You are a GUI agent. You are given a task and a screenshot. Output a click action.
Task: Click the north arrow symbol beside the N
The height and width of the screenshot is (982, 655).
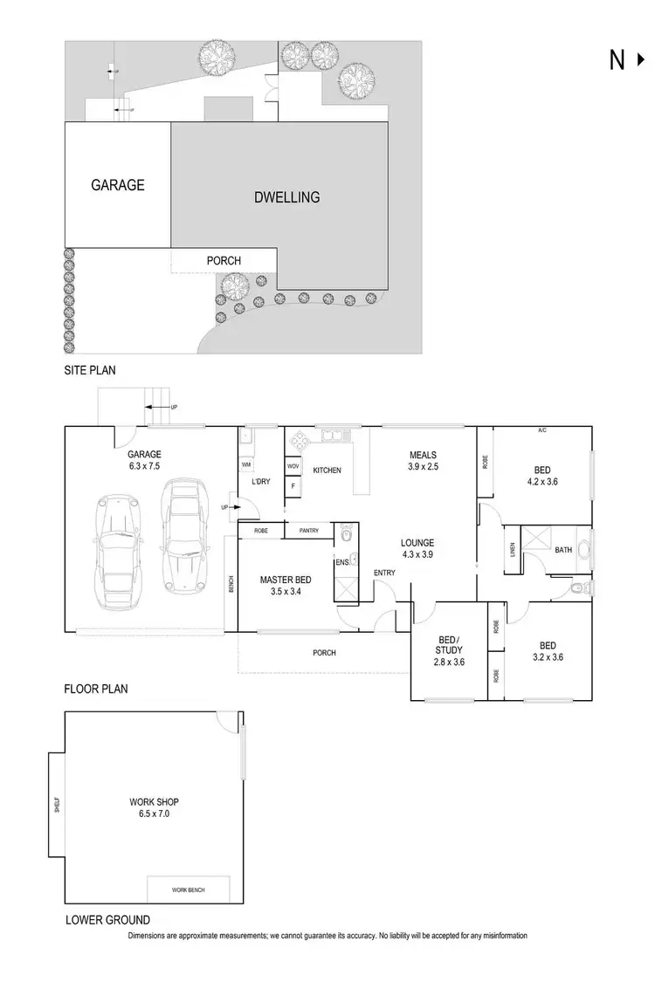pos(643,59)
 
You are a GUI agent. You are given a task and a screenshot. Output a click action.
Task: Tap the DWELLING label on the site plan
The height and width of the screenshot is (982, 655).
pos(286,197)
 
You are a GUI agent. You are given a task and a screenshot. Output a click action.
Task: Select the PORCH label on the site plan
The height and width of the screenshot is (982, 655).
pos(224,260)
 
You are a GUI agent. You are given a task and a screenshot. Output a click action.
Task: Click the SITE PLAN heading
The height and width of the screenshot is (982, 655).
pos(90,370)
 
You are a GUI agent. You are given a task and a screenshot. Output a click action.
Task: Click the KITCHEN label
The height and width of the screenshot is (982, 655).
pos(327,471)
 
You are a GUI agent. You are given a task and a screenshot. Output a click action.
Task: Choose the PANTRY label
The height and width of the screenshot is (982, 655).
pos(308,530)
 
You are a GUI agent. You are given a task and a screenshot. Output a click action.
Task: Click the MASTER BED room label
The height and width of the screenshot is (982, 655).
pos(281,579)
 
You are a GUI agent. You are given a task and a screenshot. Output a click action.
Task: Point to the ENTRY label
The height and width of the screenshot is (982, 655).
pos(383,573)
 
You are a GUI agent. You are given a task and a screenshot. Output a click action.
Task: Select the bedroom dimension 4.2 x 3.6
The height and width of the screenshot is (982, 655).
pos(541,482)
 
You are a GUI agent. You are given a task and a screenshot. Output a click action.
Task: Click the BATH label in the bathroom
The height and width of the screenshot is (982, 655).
pos(562,550)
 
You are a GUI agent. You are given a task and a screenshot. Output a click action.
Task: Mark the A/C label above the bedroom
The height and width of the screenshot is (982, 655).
pos(541,430)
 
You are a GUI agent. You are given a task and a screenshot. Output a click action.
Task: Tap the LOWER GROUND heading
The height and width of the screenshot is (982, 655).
pos(107,919)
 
